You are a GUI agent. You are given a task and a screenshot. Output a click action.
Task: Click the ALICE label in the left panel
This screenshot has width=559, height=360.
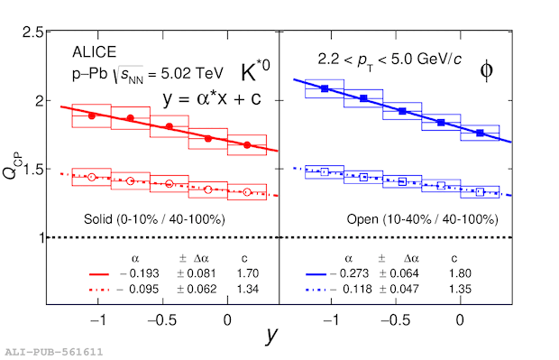point(94,52)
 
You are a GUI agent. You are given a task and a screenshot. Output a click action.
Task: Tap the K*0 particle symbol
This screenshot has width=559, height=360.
point(255,71)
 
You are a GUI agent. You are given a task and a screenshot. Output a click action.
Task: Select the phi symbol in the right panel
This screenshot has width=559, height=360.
point(487,70)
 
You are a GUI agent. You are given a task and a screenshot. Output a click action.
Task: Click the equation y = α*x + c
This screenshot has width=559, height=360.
point(212,98)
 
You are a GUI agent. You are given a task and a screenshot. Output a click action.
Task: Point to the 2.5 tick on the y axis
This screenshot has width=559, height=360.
point(32,32)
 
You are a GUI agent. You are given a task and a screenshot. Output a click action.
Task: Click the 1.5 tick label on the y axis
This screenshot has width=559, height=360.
point(32,169)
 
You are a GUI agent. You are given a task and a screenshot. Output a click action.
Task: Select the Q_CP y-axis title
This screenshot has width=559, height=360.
point(13,165)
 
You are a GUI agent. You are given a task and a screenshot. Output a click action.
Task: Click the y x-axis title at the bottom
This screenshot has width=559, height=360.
point(271,335)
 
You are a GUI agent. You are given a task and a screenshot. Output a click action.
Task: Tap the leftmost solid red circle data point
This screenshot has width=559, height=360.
point(92,116)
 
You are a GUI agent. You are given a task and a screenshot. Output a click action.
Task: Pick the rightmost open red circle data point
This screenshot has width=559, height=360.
point(247,192)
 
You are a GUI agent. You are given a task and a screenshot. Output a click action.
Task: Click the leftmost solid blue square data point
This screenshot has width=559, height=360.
point(325,88)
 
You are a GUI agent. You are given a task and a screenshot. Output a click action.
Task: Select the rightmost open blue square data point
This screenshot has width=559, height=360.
point(480,191)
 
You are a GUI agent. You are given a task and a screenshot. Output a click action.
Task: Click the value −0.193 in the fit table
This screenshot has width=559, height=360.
point(140,273)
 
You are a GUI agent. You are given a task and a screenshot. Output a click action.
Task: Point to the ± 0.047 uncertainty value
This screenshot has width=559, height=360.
point(399,289)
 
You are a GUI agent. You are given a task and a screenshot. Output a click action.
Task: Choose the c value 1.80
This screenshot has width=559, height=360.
point(460,273)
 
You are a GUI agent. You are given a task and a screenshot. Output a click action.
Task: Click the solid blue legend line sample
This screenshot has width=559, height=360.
point(316,274)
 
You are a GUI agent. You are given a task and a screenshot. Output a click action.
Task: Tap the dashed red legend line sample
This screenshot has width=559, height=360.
point(99,290)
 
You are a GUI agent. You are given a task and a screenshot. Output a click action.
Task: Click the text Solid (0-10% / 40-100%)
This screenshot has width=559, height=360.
point(154,219)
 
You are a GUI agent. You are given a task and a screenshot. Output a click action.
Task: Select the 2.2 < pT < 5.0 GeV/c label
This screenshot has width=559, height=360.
point(389,60)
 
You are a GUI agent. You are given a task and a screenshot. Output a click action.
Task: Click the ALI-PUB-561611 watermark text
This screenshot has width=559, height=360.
point(54,352)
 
